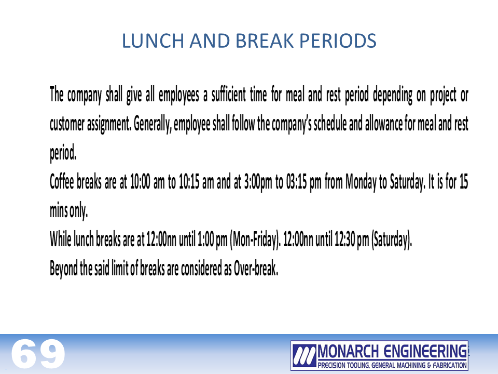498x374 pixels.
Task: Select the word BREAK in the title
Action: coord(265,41)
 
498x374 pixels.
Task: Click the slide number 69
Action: coord(38,354)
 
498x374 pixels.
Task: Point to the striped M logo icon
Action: coord(305,355)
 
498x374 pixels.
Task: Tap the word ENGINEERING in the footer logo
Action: coord(425,352)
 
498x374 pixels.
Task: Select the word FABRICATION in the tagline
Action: coord(449,365)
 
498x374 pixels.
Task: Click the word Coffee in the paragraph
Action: coord(62,182)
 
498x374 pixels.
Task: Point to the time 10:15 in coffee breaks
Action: coord(189,182)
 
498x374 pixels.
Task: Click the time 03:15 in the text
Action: coord(296,182)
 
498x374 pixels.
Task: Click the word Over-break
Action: coord(256,268)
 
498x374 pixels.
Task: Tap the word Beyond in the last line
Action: coord(63,269)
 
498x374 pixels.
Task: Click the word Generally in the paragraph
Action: coord(153,124)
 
